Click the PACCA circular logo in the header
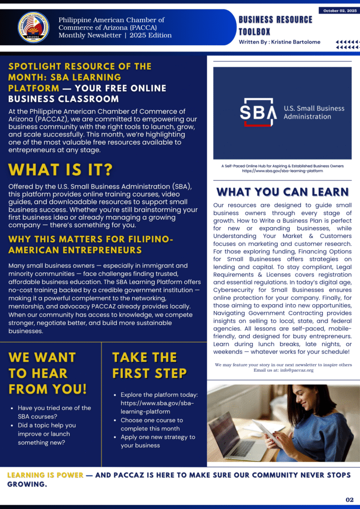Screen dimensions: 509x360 33,27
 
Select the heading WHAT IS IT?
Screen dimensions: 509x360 61,170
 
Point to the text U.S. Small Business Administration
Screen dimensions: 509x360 307,112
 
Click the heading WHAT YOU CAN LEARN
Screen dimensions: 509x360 282,192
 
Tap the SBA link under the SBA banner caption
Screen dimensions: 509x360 282,170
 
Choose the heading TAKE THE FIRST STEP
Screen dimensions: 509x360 150,365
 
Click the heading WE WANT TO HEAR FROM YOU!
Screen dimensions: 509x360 48,373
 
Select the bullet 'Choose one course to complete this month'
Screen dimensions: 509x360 152,424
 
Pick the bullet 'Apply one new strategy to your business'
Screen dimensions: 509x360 158,441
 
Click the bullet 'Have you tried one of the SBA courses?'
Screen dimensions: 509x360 54,412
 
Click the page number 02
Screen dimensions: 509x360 350,500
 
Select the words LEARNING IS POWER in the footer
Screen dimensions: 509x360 45,475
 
